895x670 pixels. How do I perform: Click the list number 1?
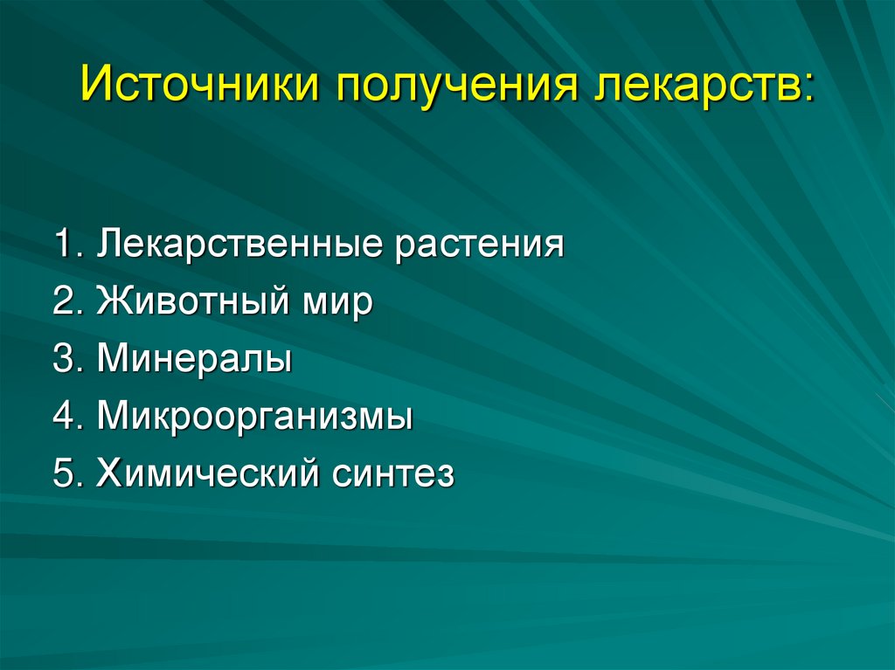click(x=62, y=244)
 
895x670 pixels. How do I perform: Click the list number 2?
click(x=64, y=301)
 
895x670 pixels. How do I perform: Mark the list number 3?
click(x=64, y=360)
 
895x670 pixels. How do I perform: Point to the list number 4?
click(x=64, y=417)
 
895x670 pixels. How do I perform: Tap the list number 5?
click(x=64, y=474)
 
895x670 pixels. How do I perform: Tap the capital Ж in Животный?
click(x=114, y=301)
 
